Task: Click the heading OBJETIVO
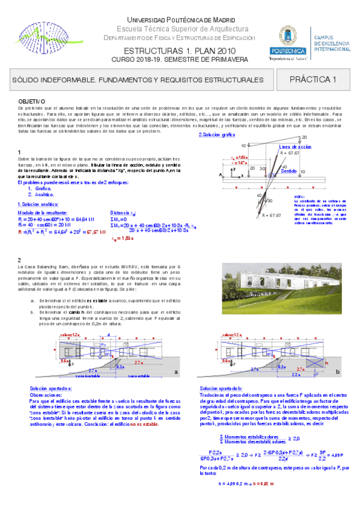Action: pyautogui.click(x=31, y=100)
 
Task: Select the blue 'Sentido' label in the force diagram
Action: pyautogui.click(x=290, y=171)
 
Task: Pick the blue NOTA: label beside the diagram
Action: pyautogui.click(x=300, y=196)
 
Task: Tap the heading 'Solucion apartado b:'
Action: pyautogui.click(x=221, y=389)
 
